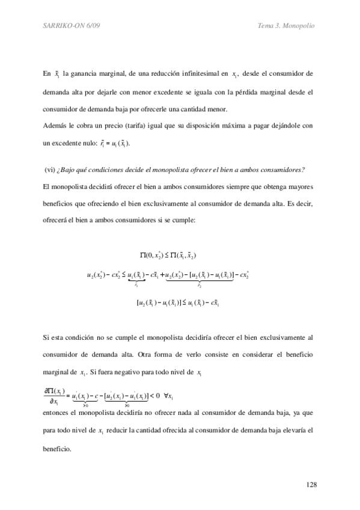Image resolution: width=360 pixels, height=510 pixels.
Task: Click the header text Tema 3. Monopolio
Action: [286, 25]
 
